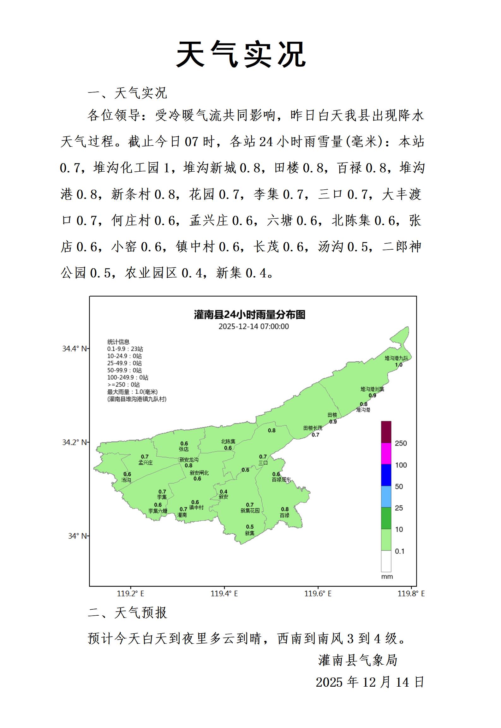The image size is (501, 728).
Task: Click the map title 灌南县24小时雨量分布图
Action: tap(249, 315)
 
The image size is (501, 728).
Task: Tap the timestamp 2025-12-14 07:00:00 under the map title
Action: tap(253, 326)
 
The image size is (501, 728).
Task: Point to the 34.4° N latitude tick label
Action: tap(75, 349)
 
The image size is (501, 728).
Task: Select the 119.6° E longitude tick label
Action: tap(318, 594)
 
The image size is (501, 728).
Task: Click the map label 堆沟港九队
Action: tap(396, 358)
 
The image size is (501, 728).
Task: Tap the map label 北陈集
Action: tap(228, 441)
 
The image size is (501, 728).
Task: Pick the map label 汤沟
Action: tap(126, 480)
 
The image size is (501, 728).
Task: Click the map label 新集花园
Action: tap(250, 511)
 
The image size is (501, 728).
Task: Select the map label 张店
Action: tap(184, 449)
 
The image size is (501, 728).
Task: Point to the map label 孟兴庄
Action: tap(145, 463)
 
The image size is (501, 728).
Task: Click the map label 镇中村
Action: tap(196, 507)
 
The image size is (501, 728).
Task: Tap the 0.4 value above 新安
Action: tap(224, 492)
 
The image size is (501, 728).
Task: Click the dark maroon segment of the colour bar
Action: tap(386, 432)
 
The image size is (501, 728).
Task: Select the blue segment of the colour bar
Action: tap(386, 475)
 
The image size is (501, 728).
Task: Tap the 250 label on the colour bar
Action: tap(401, 443)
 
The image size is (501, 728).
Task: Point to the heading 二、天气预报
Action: tap(127, 613)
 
